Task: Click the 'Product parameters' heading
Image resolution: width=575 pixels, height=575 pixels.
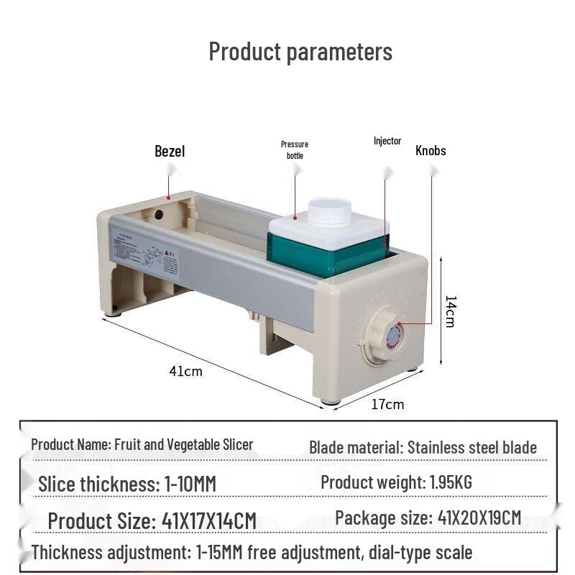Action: click(300, 52)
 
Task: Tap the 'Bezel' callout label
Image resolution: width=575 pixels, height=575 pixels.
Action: click(170, 151)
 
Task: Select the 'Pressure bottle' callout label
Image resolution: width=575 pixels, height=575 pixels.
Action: click(295, 149)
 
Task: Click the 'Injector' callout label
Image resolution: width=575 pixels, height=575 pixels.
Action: click(387, 141)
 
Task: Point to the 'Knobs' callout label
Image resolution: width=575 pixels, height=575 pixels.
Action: click(431, 150)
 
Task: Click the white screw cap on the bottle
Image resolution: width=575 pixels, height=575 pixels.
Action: click(329, 210)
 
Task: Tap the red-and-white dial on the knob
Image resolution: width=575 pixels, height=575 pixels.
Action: click(395, 336)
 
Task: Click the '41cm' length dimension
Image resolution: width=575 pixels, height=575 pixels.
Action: click(185, 371)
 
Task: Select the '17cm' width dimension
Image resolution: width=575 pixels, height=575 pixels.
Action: click(387, 404)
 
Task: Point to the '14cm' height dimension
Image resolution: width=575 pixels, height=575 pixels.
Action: click(451, 311)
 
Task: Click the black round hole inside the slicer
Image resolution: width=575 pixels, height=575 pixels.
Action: click(159, 214)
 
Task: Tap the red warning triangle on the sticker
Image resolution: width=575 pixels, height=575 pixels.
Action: click(166, 253)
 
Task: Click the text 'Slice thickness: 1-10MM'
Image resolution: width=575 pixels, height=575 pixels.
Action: click(127, 484)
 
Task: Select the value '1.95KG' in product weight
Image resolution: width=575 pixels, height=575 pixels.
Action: click(451, 482)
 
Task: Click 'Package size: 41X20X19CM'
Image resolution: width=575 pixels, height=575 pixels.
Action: click(428, 517)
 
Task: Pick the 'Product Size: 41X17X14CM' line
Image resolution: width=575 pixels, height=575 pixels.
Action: click(152, 520)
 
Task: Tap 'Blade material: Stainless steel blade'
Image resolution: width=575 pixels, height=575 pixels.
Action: click(423, 447)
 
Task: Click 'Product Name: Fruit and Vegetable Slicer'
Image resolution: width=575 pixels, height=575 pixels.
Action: click(142, 444)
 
